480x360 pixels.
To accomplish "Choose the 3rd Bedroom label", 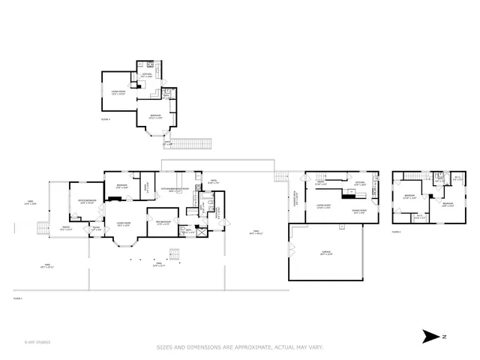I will coord(166,223).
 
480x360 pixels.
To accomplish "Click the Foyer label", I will coord(96,229).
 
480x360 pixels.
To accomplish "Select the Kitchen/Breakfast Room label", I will coord(174,190).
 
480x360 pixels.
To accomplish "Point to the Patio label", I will coord(157,265).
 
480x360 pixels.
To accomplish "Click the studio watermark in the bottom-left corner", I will coord(37,342).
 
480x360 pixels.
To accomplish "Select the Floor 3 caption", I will coord(105,118).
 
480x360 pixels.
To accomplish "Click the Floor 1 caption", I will coord(18,298).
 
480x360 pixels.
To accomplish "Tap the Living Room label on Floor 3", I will coord(118,94).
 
